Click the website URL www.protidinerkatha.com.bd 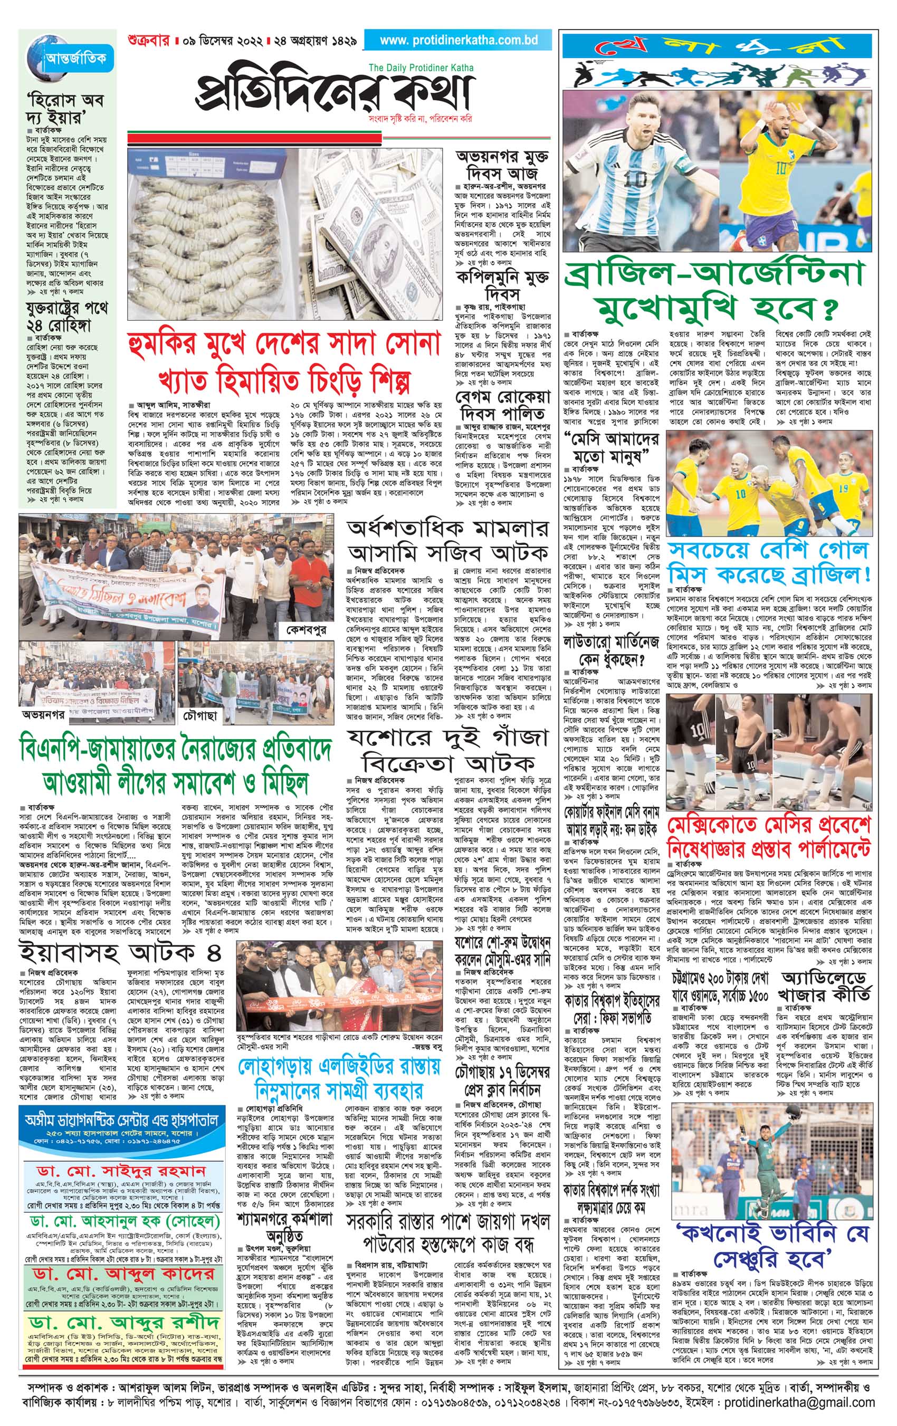coord(459,41)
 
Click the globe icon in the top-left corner coord(45,52)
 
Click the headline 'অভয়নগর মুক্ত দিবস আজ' coord(502,165)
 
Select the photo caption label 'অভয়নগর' coord(44,714)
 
